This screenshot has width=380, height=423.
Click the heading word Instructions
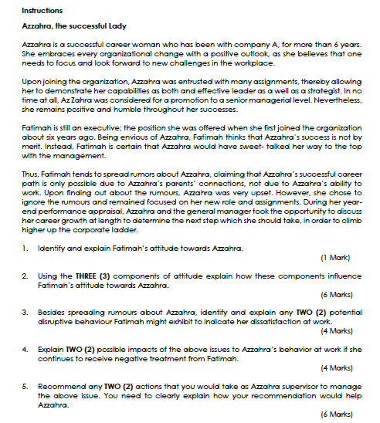click(42, 10)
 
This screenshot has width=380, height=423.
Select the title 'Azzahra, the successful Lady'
click(74, 26)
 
